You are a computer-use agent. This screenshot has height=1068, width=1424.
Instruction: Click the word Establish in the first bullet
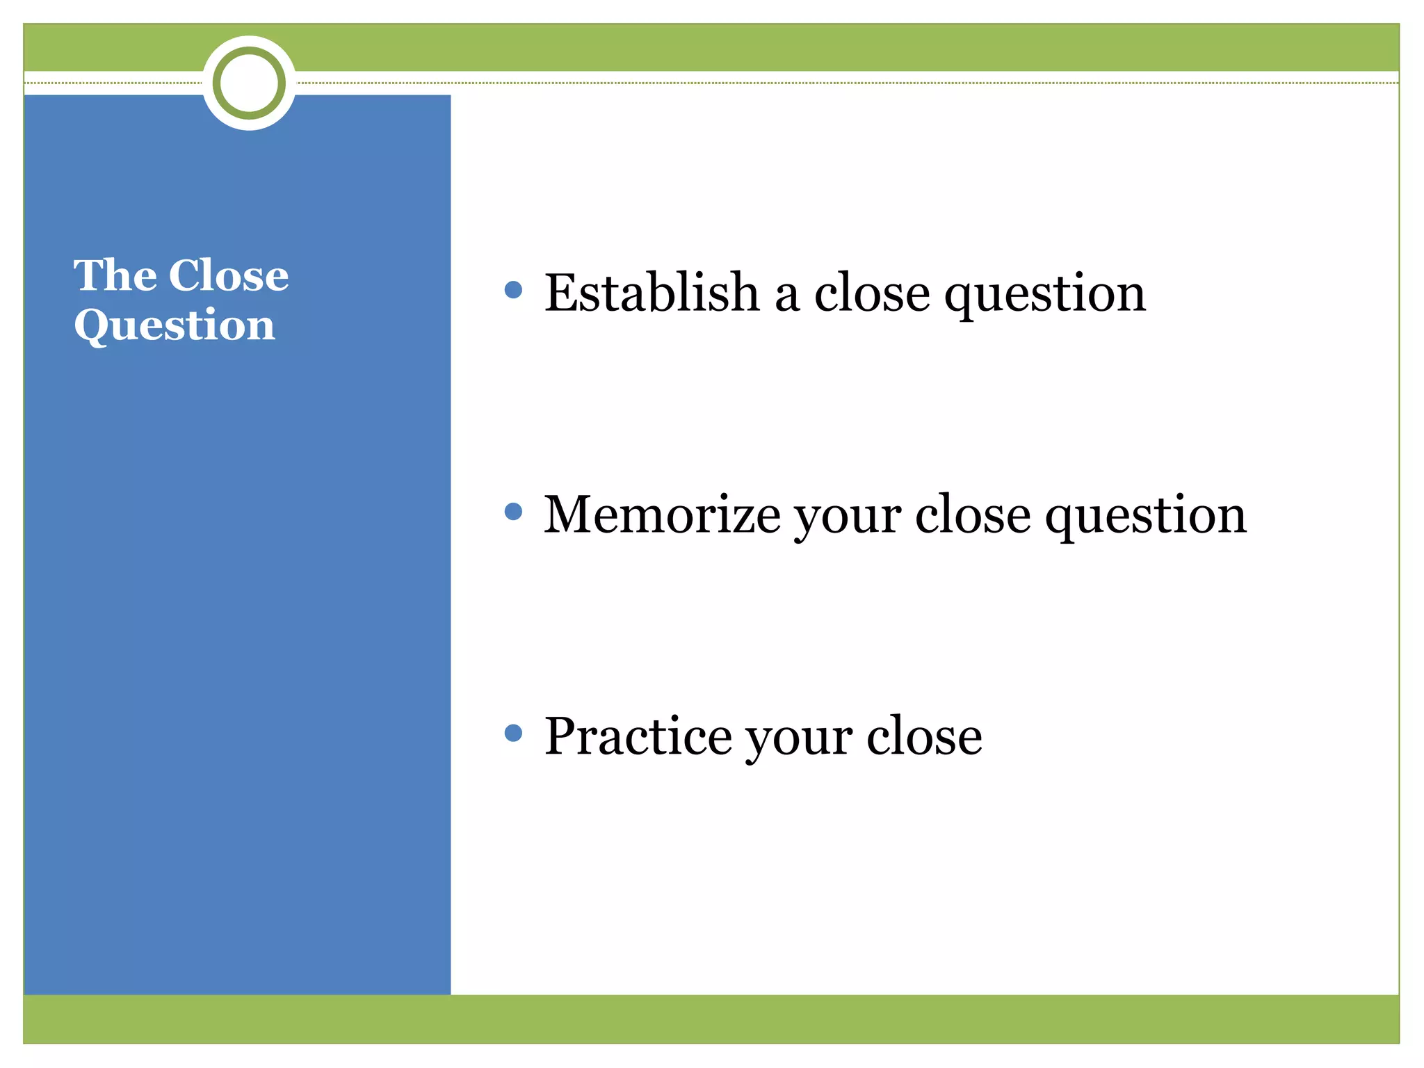pos(652,293)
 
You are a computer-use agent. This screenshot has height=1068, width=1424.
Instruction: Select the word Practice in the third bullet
pos(638,736)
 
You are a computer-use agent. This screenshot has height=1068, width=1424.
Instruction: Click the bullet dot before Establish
pos(513,290)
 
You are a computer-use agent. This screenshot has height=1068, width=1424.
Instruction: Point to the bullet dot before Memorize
pos(513,512)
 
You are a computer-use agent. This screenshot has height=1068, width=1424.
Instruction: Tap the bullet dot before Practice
pos(513,733)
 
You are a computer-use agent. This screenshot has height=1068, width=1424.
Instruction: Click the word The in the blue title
pos(115,275)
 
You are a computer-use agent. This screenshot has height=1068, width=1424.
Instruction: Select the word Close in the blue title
pos(229,275)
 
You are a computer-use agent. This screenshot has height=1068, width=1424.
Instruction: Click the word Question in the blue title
pos(175,325)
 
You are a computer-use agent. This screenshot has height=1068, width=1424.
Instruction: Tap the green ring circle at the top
pos(249,83)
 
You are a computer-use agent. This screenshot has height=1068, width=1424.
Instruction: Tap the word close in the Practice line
pos(924,736)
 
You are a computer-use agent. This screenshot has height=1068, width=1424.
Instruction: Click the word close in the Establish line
pos(872,293)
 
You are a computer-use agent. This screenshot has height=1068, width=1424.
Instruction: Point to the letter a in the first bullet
pos(786,296)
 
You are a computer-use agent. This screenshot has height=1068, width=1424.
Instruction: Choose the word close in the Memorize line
pos(973,515)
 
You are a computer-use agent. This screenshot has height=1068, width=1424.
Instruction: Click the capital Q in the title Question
pos(92,325)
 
